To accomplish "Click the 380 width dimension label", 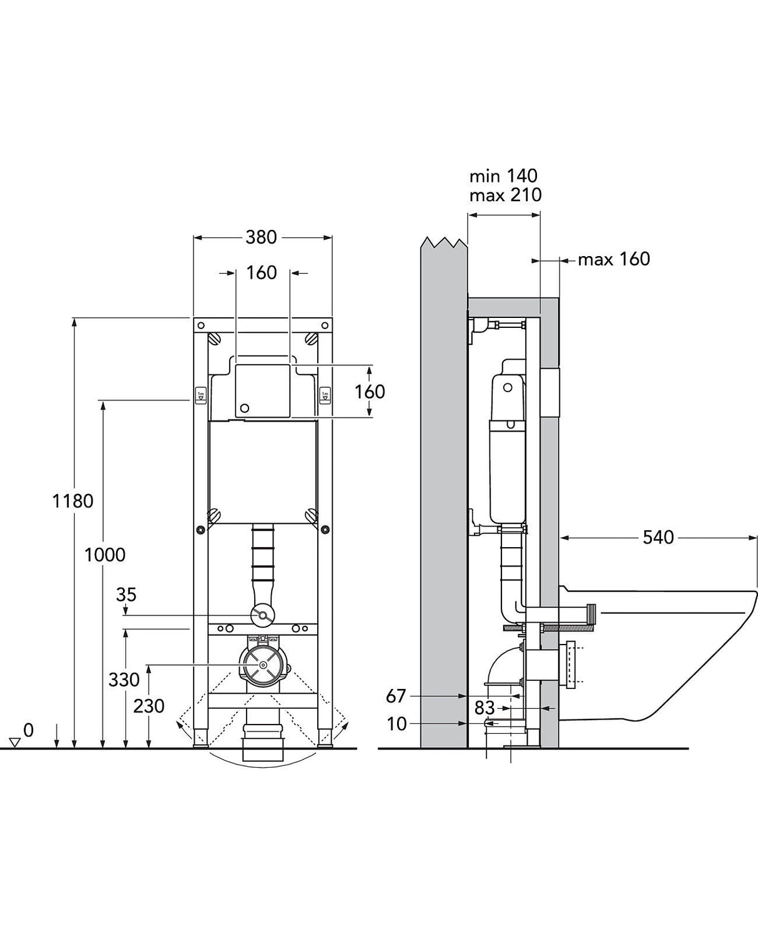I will coord(261,237).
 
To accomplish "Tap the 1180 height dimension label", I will coord(73,500).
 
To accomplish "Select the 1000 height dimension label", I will coord(105,554).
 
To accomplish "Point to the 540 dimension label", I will coord(658,537).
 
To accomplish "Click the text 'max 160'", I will coord(614,259).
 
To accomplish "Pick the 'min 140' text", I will coord(503,176).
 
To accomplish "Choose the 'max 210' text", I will coord(505,195).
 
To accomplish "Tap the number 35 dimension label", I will coord(126,595).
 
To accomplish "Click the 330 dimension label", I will coord(124,680).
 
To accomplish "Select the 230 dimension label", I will coord(149,706).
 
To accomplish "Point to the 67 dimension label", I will coord(396,695).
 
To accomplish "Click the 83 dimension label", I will coord(485,708).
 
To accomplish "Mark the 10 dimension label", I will coord(396,724).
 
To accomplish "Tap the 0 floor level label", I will coord(28,730).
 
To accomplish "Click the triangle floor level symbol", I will coord(16,743).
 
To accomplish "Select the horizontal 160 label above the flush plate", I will coord(261,273).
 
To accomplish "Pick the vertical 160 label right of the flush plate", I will coord(370,392).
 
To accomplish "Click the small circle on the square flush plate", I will coord(245,408).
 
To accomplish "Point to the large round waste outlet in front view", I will coord(262,665).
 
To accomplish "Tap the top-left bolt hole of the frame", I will coord(201,325).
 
